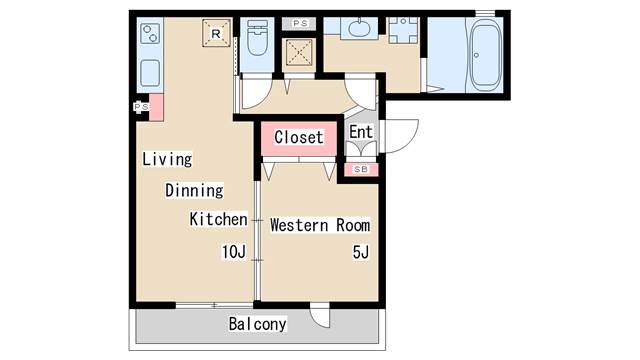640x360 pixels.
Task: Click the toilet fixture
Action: [x=258, y=38]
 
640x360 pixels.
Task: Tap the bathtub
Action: [x=485, y=54]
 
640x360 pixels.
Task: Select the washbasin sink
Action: [x=359, y=28]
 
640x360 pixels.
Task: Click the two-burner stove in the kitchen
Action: [x=150, y=33]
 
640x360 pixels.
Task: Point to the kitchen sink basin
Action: [x=150, y=73]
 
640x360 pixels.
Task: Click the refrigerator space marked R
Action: [x=216, y=33]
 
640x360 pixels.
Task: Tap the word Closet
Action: [x=299, y=137]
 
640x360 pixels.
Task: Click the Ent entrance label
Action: [x=361, y=132]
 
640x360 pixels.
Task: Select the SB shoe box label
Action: [x=361, y=169]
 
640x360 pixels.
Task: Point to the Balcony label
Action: [x=258, y=324]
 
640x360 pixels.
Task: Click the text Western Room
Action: [x=320, y=225]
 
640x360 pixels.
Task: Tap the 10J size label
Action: [x=234, y=252]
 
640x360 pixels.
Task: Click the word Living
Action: [x=167, y=159]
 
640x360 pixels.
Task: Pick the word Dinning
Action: [x=194, y=191]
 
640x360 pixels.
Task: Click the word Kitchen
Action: [x=218, y=219]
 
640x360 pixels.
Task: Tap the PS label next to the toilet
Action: [x=300, y=23]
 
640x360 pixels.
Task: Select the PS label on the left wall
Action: [x=141, y=107]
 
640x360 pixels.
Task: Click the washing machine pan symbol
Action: [x=299, y=52]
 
